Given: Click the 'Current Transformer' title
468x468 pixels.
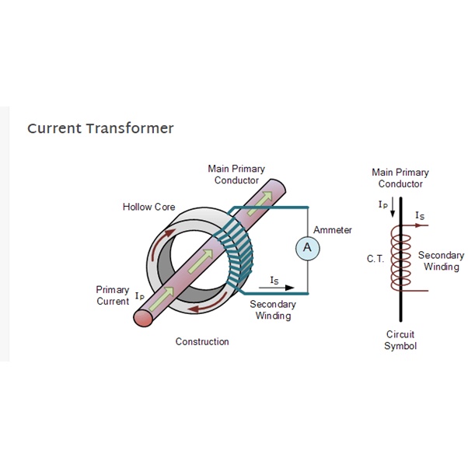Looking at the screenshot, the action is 100,128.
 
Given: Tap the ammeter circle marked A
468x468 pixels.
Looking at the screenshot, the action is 307,248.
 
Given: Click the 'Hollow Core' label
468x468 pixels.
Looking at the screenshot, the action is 149,207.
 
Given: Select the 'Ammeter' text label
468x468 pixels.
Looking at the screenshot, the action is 333,230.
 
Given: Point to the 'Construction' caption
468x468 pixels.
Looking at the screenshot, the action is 202,341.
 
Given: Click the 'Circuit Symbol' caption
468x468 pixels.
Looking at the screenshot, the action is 400,340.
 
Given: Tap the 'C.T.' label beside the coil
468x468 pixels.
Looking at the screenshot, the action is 375,258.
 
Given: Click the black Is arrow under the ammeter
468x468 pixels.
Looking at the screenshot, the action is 277,288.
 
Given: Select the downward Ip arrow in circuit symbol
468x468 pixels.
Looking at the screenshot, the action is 393,207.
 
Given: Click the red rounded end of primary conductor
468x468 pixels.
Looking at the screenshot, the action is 143,318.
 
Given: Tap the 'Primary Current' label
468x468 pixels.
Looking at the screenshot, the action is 113,295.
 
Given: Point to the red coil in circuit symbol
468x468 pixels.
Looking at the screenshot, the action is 401,258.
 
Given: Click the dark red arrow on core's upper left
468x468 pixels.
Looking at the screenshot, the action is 161,243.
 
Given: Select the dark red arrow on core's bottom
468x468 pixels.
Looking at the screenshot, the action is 209,305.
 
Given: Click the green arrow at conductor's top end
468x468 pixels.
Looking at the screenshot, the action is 260,203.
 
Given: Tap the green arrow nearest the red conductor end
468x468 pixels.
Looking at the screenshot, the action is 162,299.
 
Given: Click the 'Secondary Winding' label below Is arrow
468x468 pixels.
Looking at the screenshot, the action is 273,310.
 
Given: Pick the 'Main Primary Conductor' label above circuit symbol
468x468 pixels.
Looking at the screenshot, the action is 400,178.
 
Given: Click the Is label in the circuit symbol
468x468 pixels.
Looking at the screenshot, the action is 420,215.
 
